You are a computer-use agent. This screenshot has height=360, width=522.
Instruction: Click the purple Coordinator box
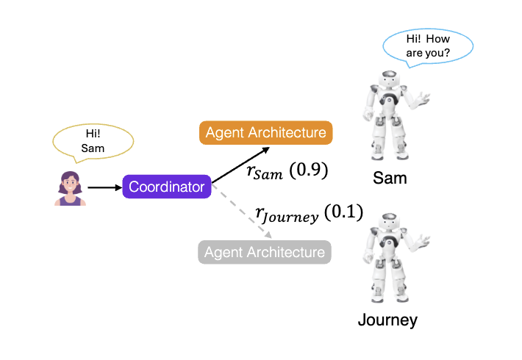167,187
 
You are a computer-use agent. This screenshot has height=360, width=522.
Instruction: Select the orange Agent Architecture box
265,133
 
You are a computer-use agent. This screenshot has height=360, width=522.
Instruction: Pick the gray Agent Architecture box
265,253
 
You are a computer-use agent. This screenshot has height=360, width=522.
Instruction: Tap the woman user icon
69,188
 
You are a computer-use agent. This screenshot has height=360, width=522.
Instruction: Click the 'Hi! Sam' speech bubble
93,142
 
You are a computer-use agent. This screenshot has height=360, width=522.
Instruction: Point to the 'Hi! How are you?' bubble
427,46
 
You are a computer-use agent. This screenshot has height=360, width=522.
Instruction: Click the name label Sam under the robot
390,179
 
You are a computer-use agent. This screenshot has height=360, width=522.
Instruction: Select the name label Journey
387,320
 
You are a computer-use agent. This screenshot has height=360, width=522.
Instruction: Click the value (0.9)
308,171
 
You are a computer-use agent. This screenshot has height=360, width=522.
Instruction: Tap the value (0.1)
344,213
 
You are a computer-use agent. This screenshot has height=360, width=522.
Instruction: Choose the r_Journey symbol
287,215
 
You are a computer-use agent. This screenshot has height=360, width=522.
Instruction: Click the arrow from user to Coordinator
104,187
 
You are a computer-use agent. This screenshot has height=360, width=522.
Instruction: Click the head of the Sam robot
387,81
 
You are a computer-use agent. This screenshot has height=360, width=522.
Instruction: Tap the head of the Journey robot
387,223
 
